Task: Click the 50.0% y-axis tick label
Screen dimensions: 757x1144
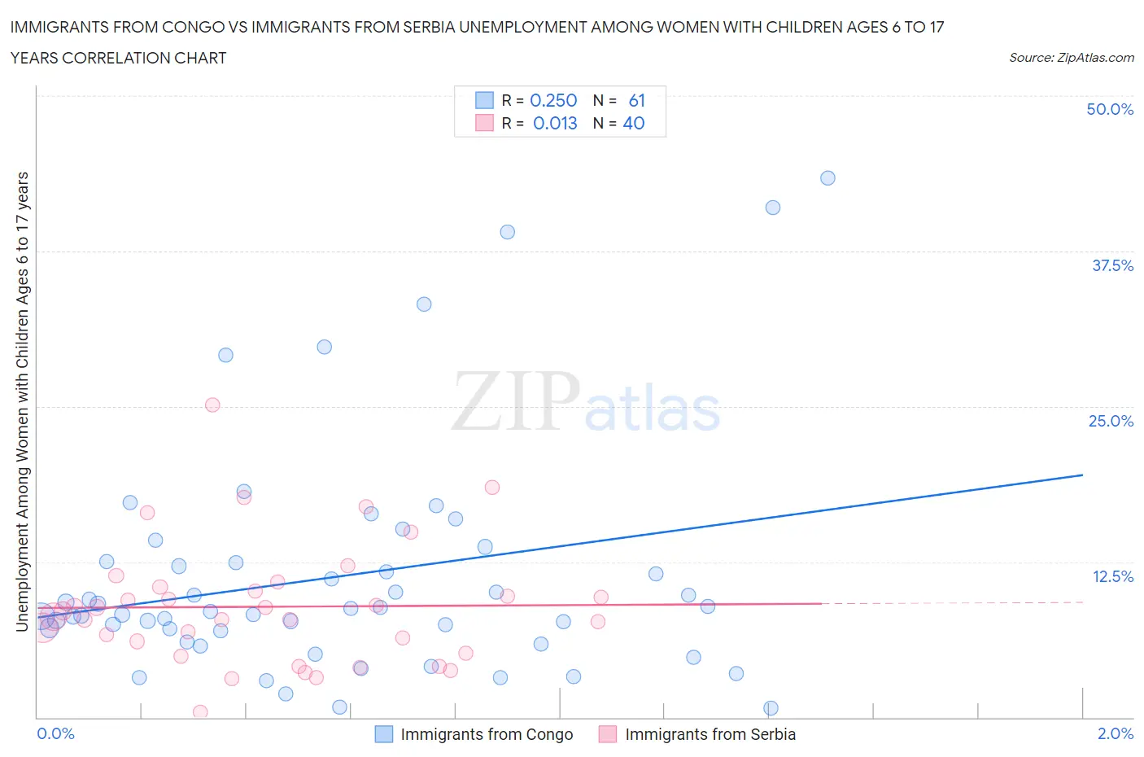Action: point(1110,109)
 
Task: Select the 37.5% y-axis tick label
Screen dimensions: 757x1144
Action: point(1112,265)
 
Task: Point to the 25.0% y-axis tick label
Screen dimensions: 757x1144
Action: point(1111,421)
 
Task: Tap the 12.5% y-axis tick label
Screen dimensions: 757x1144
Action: point(1112,576)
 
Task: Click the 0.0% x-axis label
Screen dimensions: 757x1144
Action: point(55,733)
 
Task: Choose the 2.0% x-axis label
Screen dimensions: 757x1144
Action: point(1115,733)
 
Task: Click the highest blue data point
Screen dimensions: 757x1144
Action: point(827,178)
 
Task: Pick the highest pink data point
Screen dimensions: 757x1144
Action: point(212,405)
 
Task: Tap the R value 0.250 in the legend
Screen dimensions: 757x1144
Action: point(553,100)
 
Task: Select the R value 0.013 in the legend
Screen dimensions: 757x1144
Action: point(555,123)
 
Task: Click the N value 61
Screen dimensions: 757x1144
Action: point(636,100)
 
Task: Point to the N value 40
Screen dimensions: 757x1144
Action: point(634,123)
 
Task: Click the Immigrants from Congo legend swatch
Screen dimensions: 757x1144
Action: point(383,734)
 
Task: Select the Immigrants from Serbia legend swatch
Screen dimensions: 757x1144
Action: point(607,734)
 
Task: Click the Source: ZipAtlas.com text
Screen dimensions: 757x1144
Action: point(1071,57)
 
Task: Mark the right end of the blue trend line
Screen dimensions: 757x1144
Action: point(1082,475)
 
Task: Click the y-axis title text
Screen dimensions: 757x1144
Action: point(22,401)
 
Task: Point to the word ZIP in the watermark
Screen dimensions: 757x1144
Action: point(515,401)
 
